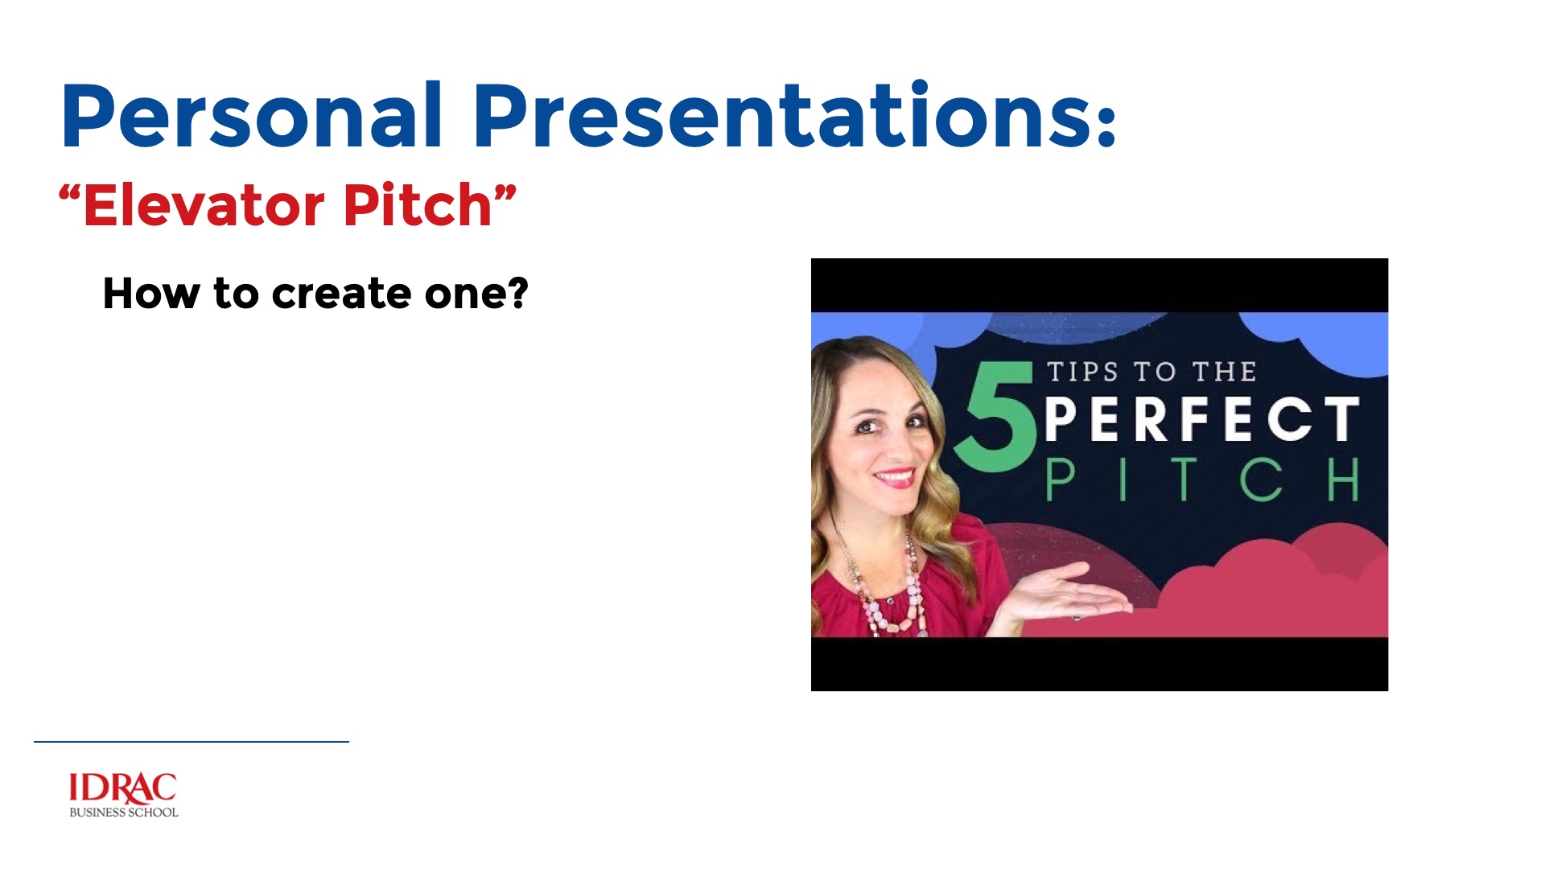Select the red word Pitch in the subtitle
pyautogui.click(x=418, y=205)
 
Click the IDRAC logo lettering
pyautogui.click(x=122, y=789)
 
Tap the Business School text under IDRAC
pyautogui.click(x=124, y=813)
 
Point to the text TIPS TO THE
pyautogui.click(x=1152, y=372)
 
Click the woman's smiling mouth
pyautogui.click(x=894, y=477)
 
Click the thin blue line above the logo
pyautogui.click(x=192, y=741)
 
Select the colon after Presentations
pyautogui.click(x=1106, y=125)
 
